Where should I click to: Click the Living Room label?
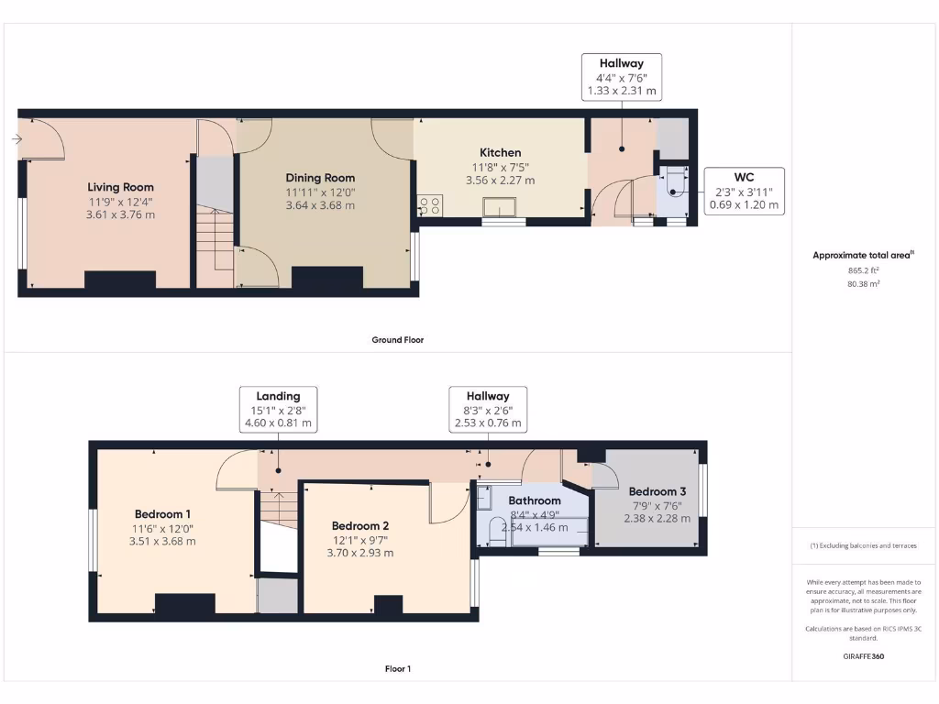tap(121, 187)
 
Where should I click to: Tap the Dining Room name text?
tap(320, 178)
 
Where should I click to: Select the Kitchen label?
tap(501, 152)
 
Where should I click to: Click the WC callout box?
tap(744, 191)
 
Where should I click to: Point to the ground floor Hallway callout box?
tap(621, 77)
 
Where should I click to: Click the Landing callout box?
tap(278, 410)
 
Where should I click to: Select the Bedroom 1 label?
tap(162, 513)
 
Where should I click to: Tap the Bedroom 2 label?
tap(360, 525)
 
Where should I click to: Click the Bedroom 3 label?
tap(657, 491)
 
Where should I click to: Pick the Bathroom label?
tap(535, 500)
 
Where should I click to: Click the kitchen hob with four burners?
tap(428, 206)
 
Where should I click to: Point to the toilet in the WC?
tap(675, 187)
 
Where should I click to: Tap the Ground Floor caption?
tap(397, 340)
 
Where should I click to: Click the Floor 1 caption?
tap(397, 669)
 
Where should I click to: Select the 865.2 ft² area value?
tap(863, 271)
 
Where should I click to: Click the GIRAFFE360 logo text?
tap(863, 656)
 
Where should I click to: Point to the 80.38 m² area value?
tap(863, 284)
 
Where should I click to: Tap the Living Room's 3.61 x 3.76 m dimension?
tap(121, 214)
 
